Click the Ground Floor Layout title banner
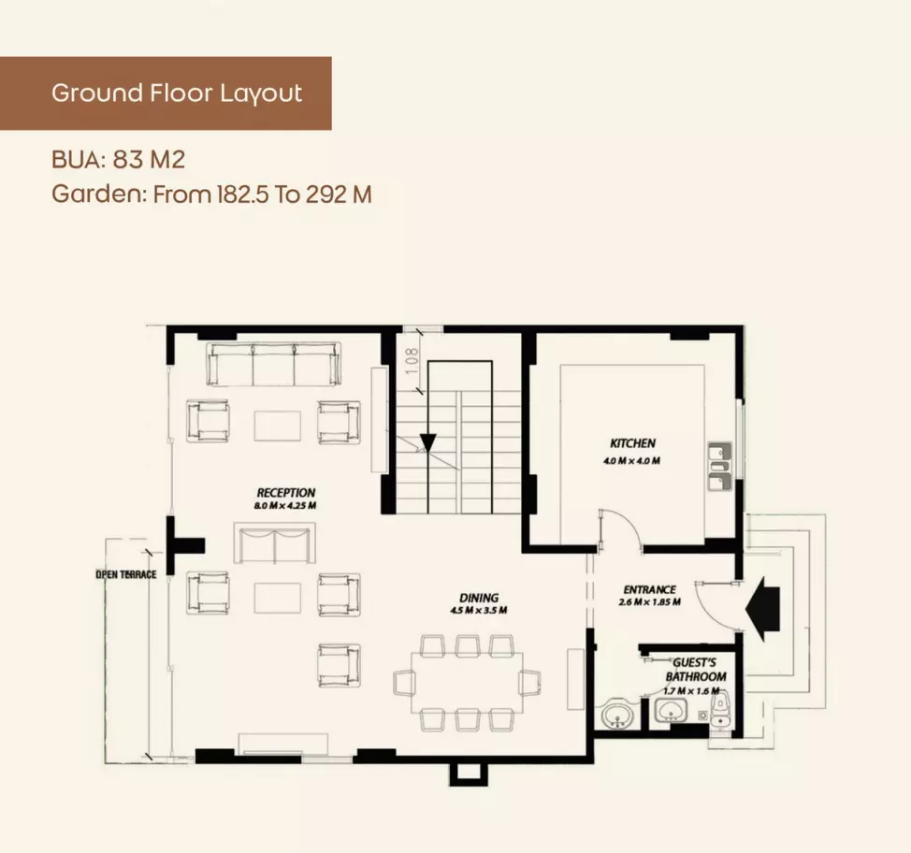tap(166, 93)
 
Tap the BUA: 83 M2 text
tap(118, 159)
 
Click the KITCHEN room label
tap(632, 443)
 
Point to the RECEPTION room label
tap(286, 493)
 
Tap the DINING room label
tap(479, 598)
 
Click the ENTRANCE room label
tap(649, 589)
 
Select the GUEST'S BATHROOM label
tap(696, 670)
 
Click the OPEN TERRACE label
tap(126, 574)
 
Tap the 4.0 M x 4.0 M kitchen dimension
tap(631, 461)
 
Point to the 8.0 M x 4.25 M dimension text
tap(284, 505)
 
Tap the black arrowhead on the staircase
tap(427, 442)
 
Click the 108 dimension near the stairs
tap(412, 360)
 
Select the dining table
tap(467, 683)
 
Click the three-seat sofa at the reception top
tap(274, 365)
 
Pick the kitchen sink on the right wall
tap(720, 467)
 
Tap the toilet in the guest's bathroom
tap(720, 712)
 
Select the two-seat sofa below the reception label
tap(274, 542)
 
